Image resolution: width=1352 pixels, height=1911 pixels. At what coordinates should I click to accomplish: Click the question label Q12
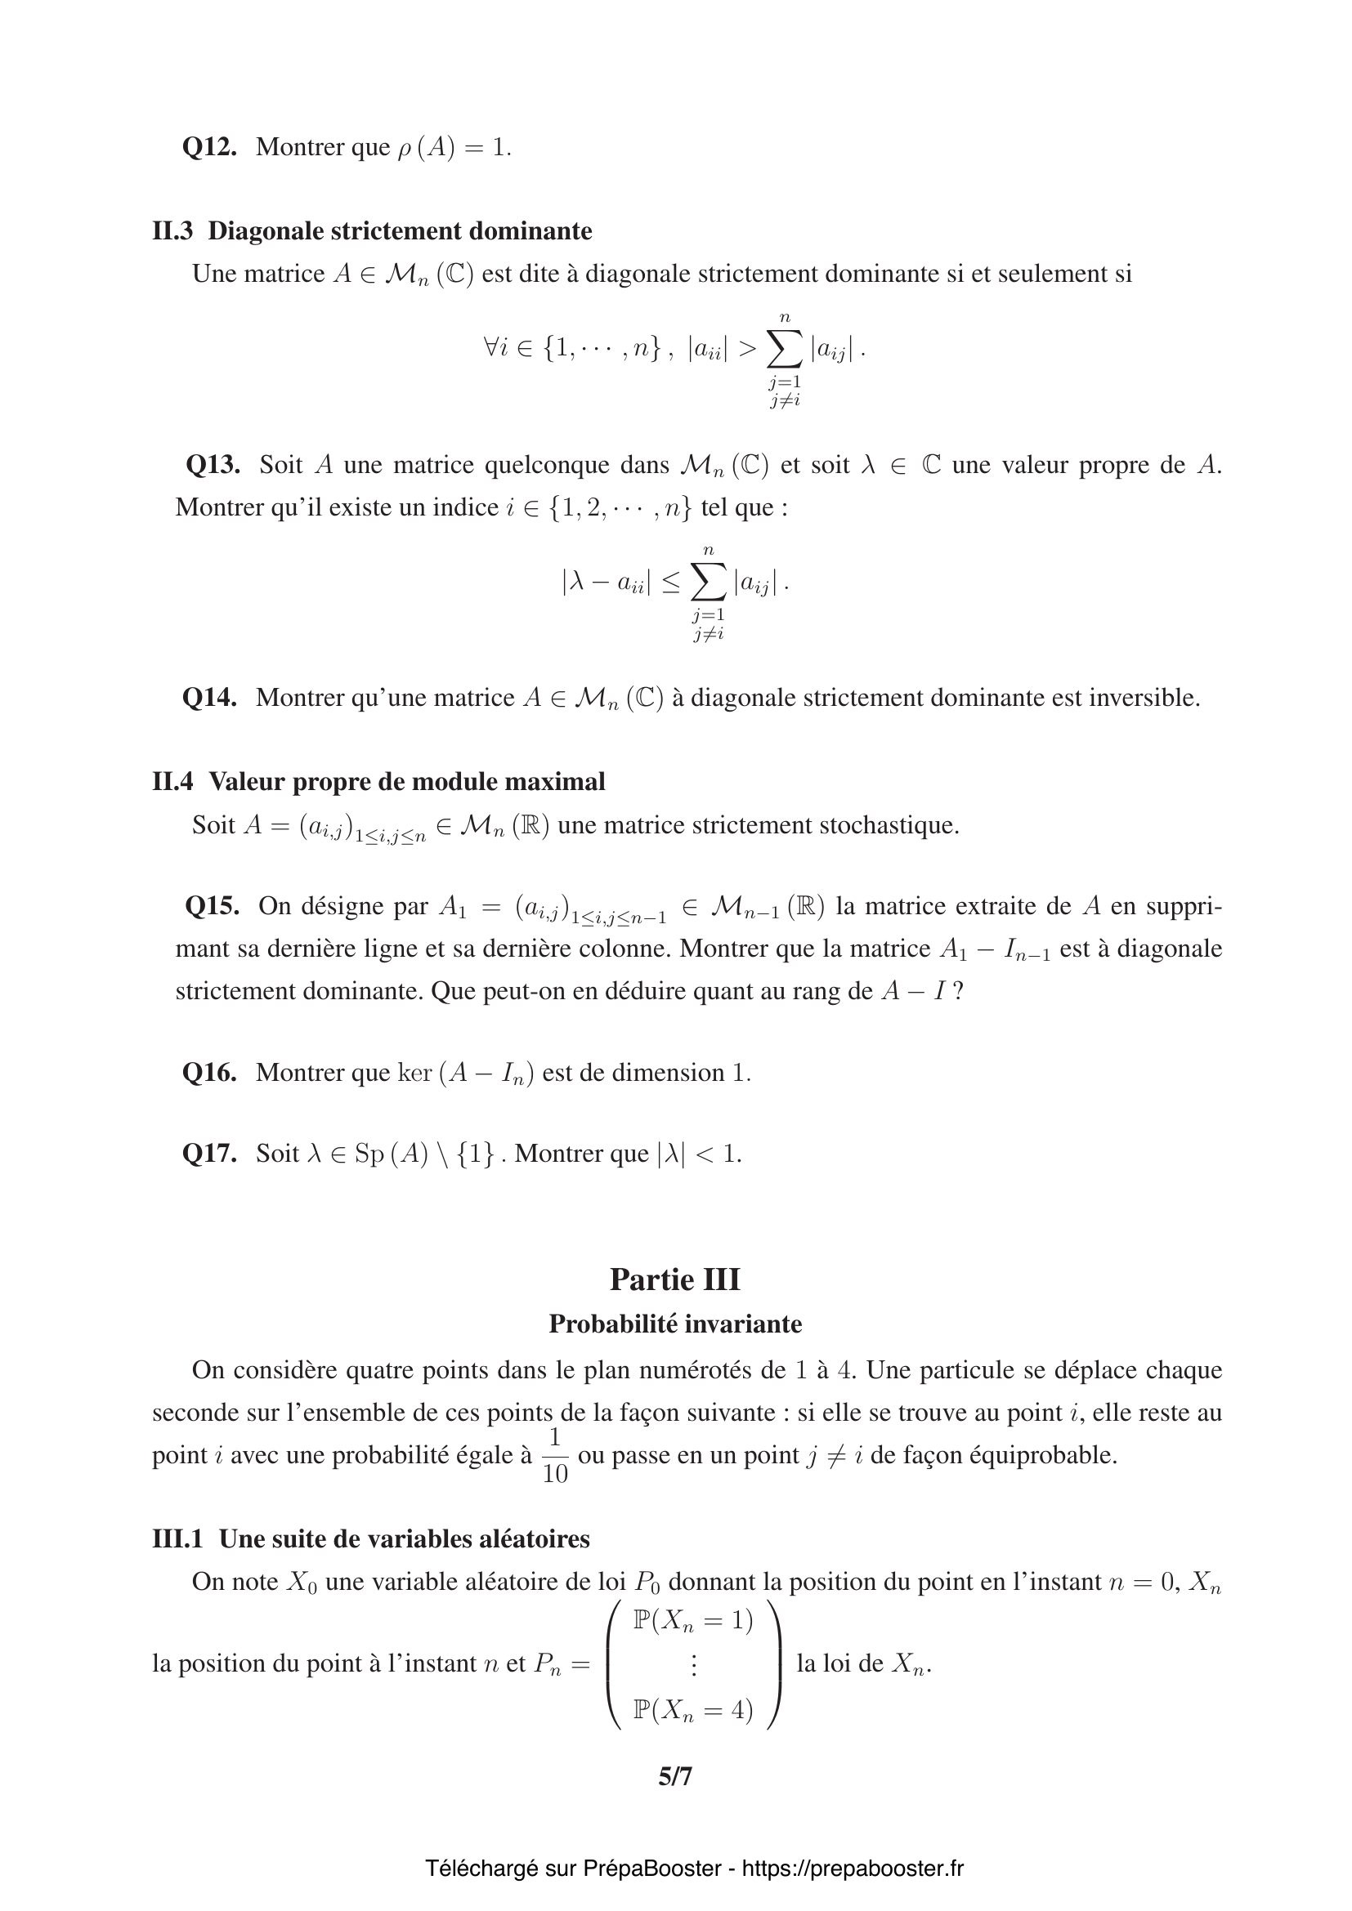pyautogui.click(x=209, y=147)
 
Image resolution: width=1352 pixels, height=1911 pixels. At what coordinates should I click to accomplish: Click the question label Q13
pyautogui.click(x=213, y=464)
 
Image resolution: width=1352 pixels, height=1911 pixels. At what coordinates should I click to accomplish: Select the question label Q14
pyautogui.click(x=209, y=698)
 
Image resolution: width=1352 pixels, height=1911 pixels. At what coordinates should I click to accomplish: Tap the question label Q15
pyautogui.click(x=213, y=905)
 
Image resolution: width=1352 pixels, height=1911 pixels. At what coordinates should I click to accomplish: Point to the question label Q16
pyautogui.click(x=209, y=1073)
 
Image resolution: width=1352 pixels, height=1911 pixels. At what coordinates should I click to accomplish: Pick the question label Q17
pyautogui.click(x=209, y=1154)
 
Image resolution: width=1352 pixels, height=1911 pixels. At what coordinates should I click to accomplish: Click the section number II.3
pyautogui.click(x=172, y=230)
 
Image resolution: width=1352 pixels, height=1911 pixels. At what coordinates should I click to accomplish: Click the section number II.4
pyautogui.click(x=172, y=782)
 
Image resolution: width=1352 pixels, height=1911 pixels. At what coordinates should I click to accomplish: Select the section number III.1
pyautogui.click(x=177, y=1539)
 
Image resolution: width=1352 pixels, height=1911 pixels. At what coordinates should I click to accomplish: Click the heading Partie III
pyautogui.click(x=674, y=1279)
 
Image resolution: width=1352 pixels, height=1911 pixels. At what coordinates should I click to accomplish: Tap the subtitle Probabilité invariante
pyautogui.click(x=674, y=1324)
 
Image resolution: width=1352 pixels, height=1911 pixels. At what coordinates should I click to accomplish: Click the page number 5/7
pyautogui.click(x=675, y=1777)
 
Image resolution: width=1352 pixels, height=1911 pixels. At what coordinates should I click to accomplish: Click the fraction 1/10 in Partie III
pyautogui.click(x=554, y=1456)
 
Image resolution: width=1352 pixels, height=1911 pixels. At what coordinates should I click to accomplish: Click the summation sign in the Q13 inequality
pyautogui.click(x=709, y=583)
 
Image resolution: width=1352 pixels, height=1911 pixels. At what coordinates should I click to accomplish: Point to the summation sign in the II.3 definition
pyautogui.click(x=785, y=350)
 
